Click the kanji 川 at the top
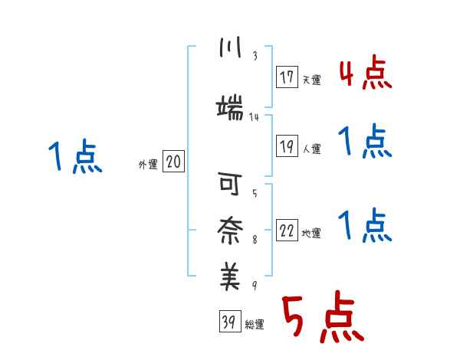(230, 47)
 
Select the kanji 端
(230, 107)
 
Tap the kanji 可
(230, 184)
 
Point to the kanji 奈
(230, 231)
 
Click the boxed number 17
(287, 77)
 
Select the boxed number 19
(287, 146)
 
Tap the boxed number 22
(287, 230)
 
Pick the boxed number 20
(173, 162)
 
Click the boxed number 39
(230, 321)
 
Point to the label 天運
(312, 80)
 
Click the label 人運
(312, 149)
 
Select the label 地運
(311, 234)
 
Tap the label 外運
(148, 165)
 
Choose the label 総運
(255, 325)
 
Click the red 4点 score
(366, 72)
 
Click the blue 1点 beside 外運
(75, 156)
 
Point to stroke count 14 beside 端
(254, 117)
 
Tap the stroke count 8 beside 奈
(255, 240)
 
